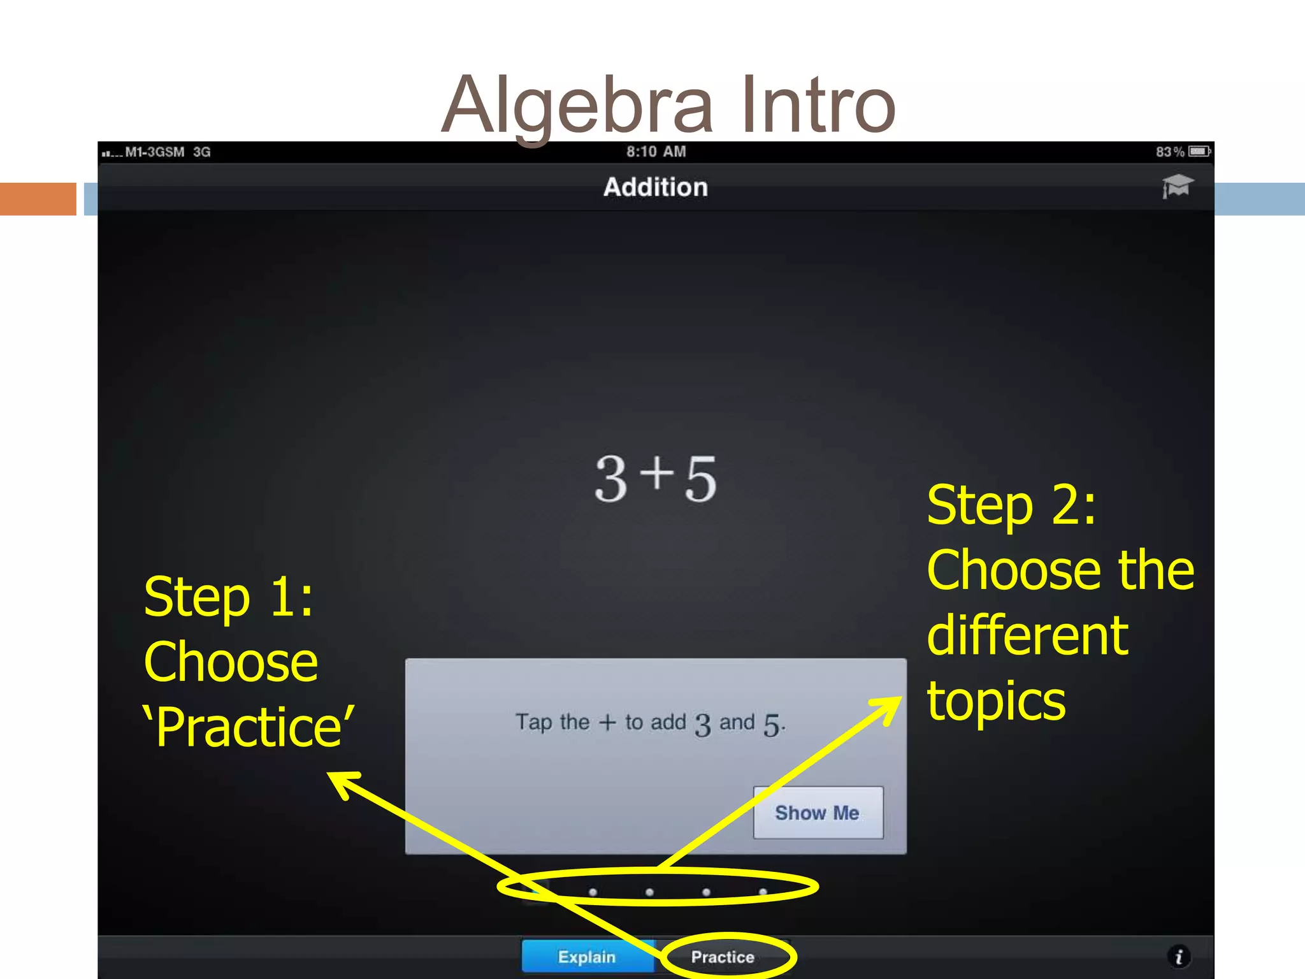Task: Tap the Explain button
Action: tap(587, 957)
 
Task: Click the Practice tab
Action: tap(723, 957)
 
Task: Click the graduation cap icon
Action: tap(1177, 186)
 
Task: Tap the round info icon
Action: tap(1179, 956)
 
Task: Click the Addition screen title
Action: tap(656, 187)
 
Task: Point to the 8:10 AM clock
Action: tap(656, 152)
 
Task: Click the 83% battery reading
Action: tap(1170, 152)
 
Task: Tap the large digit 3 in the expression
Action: tap(611, 479)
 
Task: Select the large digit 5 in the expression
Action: tap(701, 479)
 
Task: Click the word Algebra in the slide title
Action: tap(577, 105)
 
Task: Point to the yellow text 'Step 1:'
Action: tap(229, 597)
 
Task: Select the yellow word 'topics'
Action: tap(996, 701)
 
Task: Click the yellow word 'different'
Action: tap(1027, 635)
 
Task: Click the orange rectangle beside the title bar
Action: tap(38, 199)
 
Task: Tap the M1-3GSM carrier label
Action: tap(155, 152)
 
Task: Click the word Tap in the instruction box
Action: tap(533, 722)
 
